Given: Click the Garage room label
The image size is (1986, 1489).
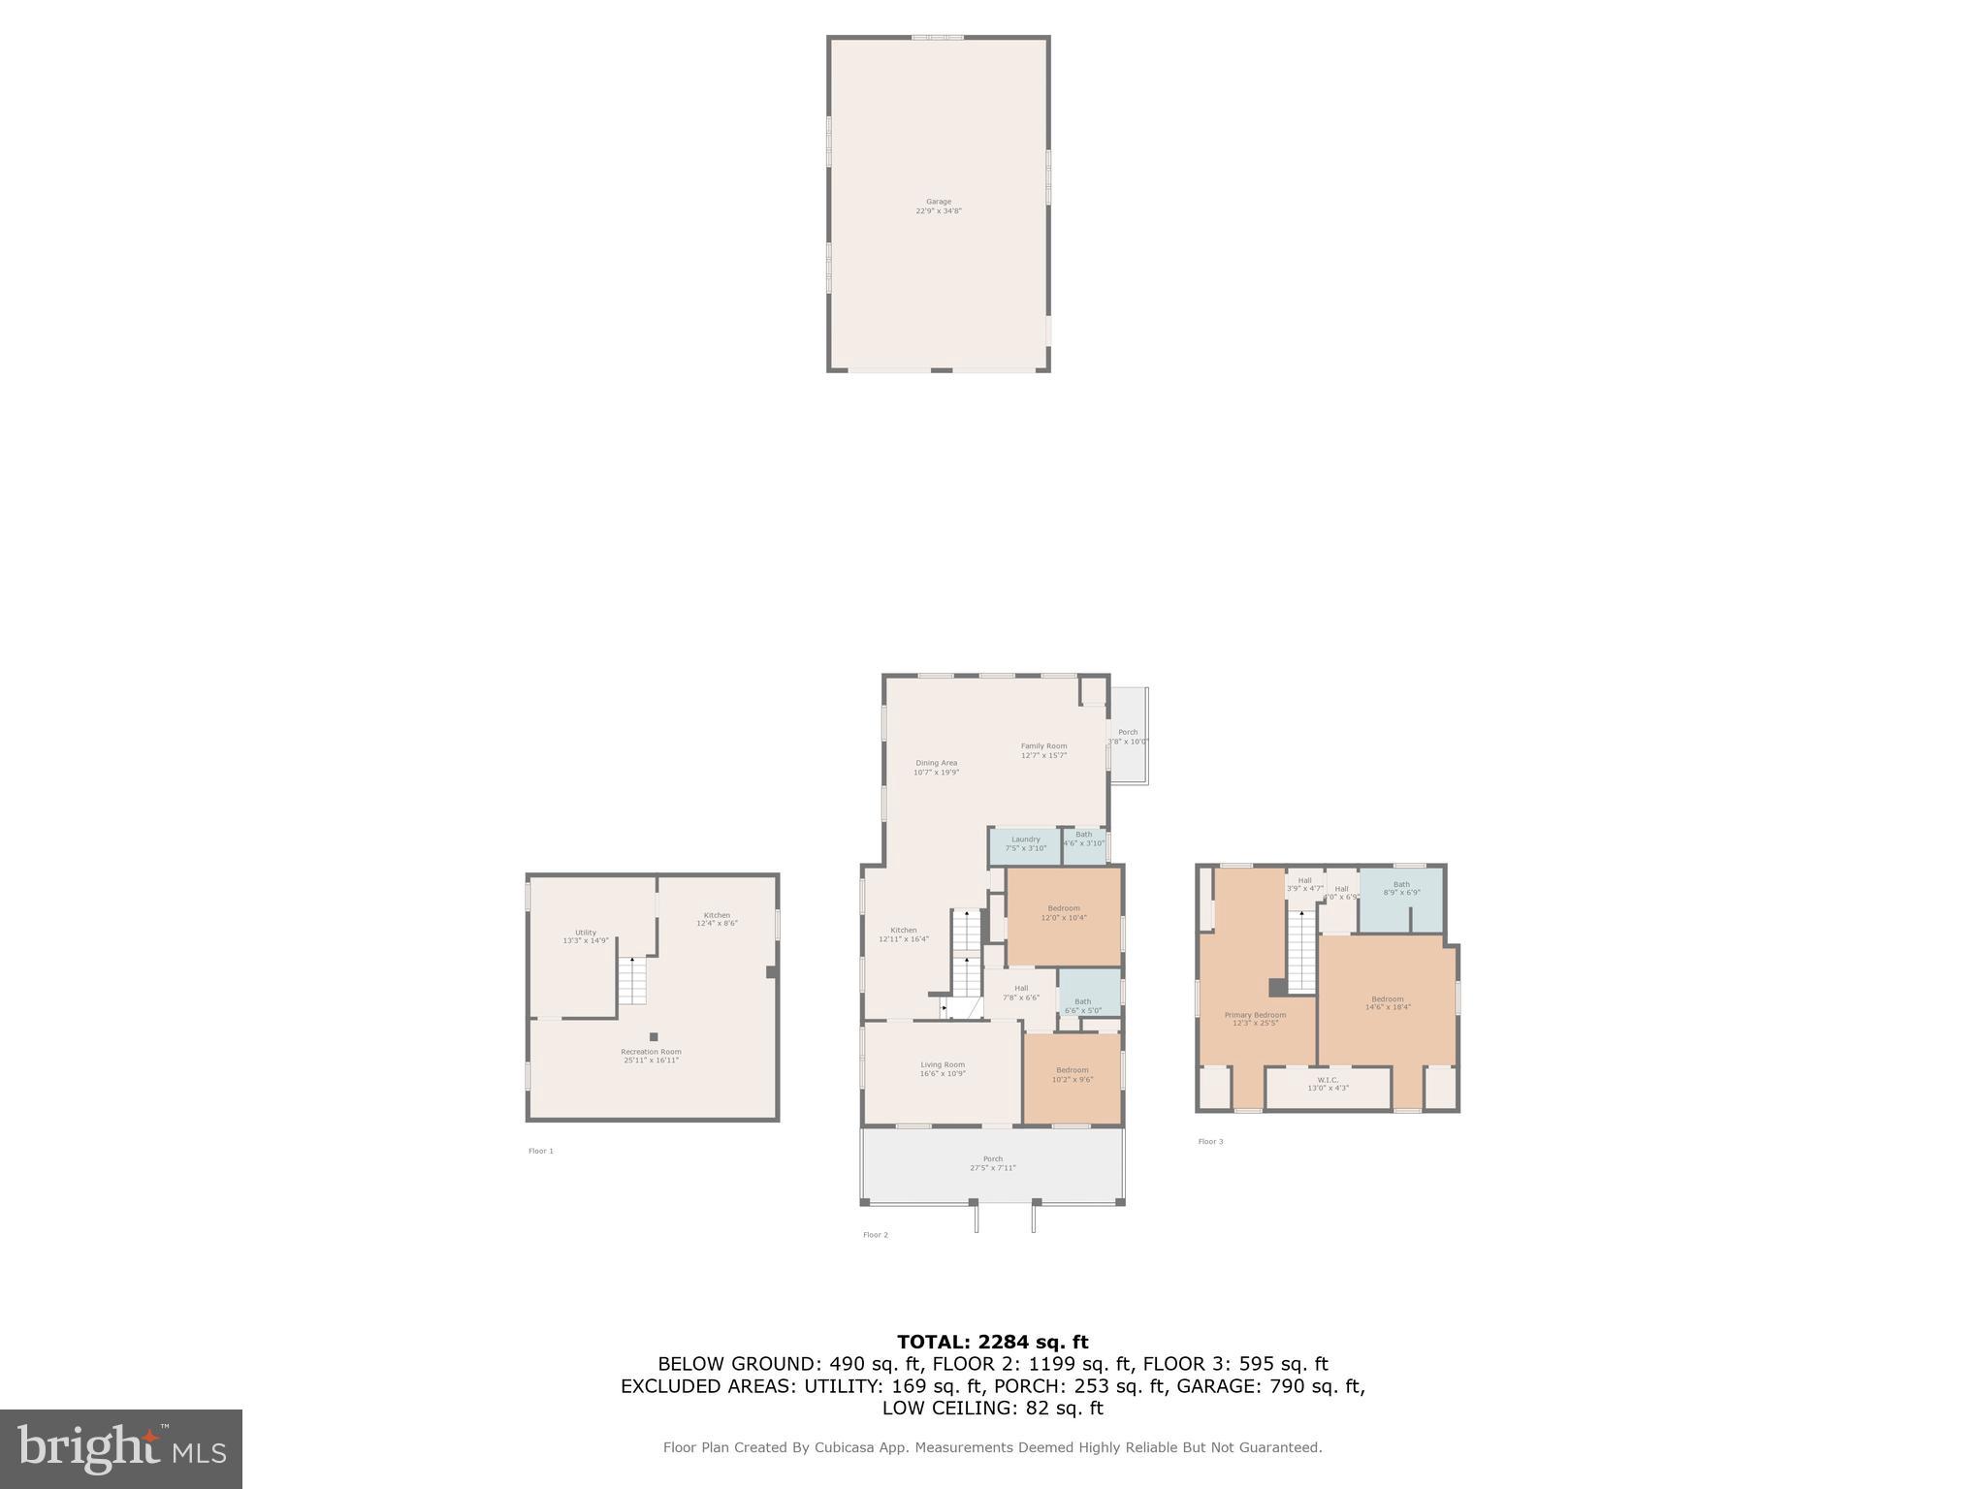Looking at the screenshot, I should point(938,206).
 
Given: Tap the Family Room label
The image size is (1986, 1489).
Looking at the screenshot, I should point(1043,750).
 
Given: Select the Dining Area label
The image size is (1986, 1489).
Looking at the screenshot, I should point(936,768).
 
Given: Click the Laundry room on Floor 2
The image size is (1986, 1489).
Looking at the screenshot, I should point(1025,844).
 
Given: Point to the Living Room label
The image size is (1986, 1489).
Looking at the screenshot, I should point(943,1069).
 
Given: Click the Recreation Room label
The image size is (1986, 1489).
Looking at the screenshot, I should point(651,1056).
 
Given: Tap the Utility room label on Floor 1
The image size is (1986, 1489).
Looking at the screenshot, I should point(586,936).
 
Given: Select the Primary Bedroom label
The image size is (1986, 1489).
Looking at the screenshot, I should point(1255,1019).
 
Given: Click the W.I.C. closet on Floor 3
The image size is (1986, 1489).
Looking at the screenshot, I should point(1328,1084).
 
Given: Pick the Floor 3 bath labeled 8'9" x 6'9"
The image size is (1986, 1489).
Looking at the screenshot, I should point(1401,888).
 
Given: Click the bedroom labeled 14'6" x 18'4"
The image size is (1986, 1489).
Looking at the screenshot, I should point(1387,1003).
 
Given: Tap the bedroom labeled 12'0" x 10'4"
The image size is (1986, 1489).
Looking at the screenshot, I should point(1064,913).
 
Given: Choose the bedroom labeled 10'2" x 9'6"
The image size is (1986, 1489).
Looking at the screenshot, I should point(1073,1074).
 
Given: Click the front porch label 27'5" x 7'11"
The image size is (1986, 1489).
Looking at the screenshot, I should point(993,1163).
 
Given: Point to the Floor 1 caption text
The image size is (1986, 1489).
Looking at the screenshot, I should point(541,1151).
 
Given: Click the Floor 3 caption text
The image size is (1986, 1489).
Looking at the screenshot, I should point(1210,1141).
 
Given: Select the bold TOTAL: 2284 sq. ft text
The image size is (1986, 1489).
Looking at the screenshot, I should point(992,1342).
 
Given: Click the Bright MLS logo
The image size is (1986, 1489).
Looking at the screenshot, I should point(121,1448).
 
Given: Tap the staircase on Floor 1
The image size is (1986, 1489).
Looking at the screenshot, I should point(632,981).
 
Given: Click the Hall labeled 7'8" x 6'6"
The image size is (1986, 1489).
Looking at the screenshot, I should point(1020,993).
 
